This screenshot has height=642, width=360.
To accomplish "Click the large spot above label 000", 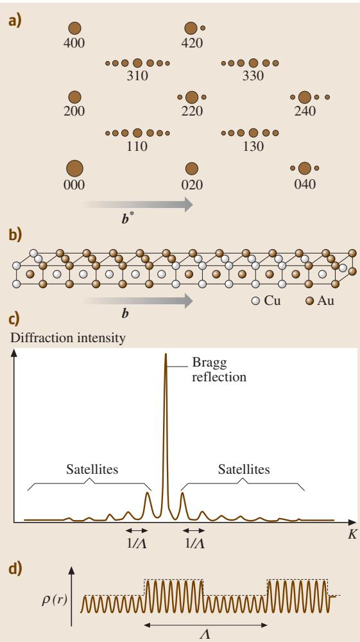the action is click(74, 168).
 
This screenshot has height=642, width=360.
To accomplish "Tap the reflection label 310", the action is click(137, 76).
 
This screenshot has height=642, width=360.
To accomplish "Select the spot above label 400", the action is click(74, 28).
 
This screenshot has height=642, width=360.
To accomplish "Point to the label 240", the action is click(305, 110).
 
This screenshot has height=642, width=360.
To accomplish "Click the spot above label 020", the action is click(191, 168).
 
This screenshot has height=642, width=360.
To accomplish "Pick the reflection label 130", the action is click(253, 146).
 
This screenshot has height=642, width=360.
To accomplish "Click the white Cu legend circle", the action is click(255, 301).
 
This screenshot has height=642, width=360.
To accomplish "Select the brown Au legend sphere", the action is click(310, 301).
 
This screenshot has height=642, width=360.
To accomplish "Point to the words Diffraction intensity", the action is click(68, 338).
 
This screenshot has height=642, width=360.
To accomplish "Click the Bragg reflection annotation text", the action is click(219, 370).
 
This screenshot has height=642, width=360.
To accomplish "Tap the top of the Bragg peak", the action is click(166, 354).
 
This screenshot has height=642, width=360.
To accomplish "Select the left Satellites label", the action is click(92, 469).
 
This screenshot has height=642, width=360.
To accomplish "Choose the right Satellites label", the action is click(244, 469).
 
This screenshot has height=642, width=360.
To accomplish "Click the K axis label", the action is click(352, 534).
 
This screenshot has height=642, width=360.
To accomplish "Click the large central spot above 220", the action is click(191, 98).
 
